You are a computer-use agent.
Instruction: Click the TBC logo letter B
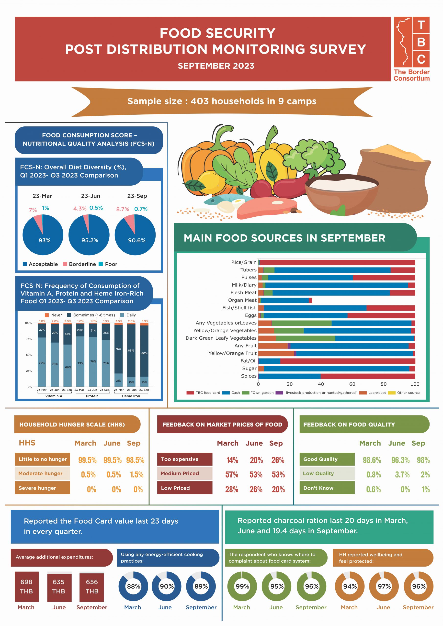421,42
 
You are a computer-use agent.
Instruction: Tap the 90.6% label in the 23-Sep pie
137,240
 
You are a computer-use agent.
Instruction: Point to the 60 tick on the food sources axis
352,384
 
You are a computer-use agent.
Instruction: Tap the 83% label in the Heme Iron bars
131,350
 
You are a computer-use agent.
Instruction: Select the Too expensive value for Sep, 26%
278,460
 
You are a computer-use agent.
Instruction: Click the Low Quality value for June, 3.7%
402,475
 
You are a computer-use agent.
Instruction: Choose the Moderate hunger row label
40,474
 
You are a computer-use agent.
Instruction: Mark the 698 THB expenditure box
26,586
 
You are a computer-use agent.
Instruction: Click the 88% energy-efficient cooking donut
133,586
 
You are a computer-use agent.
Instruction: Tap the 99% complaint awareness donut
242,586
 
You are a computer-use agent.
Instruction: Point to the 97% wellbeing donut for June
384,586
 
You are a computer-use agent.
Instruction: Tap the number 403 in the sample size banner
199,101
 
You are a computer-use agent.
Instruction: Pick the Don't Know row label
318,488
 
